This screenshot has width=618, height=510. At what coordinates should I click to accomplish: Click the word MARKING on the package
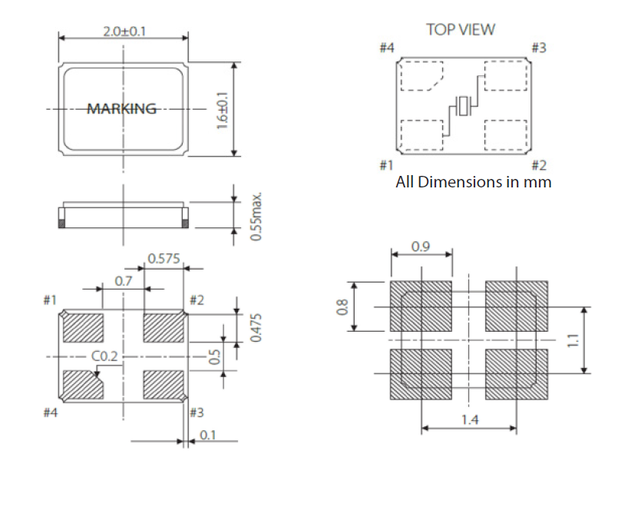121,109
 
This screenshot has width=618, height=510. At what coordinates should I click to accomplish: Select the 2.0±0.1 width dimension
124,31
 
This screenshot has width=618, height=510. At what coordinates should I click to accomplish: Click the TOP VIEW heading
461,30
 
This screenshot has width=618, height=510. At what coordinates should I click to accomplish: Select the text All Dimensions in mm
473,183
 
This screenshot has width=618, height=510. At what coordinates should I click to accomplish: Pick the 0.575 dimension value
164,259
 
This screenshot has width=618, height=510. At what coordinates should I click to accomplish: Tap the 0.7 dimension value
124,281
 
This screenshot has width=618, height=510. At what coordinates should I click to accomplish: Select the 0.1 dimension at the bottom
207,435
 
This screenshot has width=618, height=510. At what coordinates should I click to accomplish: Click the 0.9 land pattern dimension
421,247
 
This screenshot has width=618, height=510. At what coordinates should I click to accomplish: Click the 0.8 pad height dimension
343,306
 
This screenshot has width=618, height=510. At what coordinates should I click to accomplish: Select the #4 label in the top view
387,48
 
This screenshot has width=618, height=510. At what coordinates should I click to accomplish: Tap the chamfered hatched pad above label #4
82,385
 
